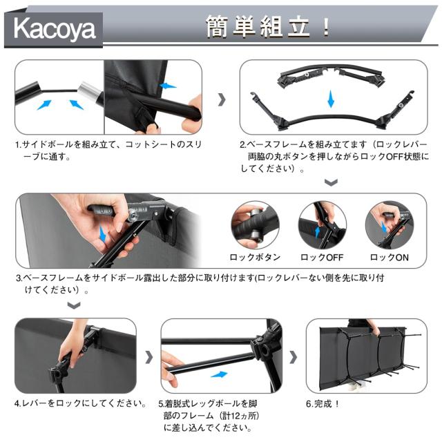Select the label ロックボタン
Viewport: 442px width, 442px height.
coord(254,257)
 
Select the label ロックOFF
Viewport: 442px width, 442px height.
coord(322,257)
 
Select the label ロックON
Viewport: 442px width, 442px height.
coord(390,257)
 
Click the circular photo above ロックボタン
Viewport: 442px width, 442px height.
coord(254,225)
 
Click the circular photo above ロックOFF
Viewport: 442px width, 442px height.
coord(322,225)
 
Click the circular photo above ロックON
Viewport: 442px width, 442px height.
coord(390,225)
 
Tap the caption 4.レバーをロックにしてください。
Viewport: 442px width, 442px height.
coord(80,403)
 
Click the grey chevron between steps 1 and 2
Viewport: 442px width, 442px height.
coord(221,99)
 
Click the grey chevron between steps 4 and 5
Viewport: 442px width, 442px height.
coord(149,357)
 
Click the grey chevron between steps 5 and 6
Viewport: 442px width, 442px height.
coord(293,357)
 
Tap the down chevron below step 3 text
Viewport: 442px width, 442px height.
coord(73,306)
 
